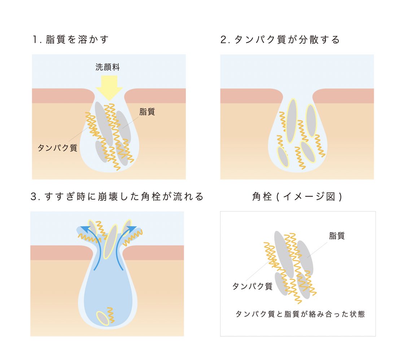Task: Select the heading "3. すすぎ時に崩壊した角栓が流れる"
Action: [117, 197]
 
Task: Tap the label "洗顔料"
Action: [107, 67]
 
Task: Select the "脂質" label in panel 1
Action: [147, 112]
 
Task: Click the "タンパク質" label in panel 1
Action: [57, 148]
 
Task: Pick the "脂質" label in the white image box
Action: [337, 236]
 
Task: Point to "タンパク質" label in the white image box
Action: [252, 286]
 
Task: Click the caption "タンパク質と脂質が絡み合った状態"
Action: [300, 314]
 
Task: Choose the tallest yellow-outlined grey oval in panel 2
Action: [292, 120]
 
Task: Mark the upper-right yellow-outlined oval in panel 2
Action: [311, 120]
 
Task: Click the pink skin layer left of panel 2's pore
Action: [249, 96]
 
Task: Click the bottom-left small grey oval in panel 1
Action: [101, 151]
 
